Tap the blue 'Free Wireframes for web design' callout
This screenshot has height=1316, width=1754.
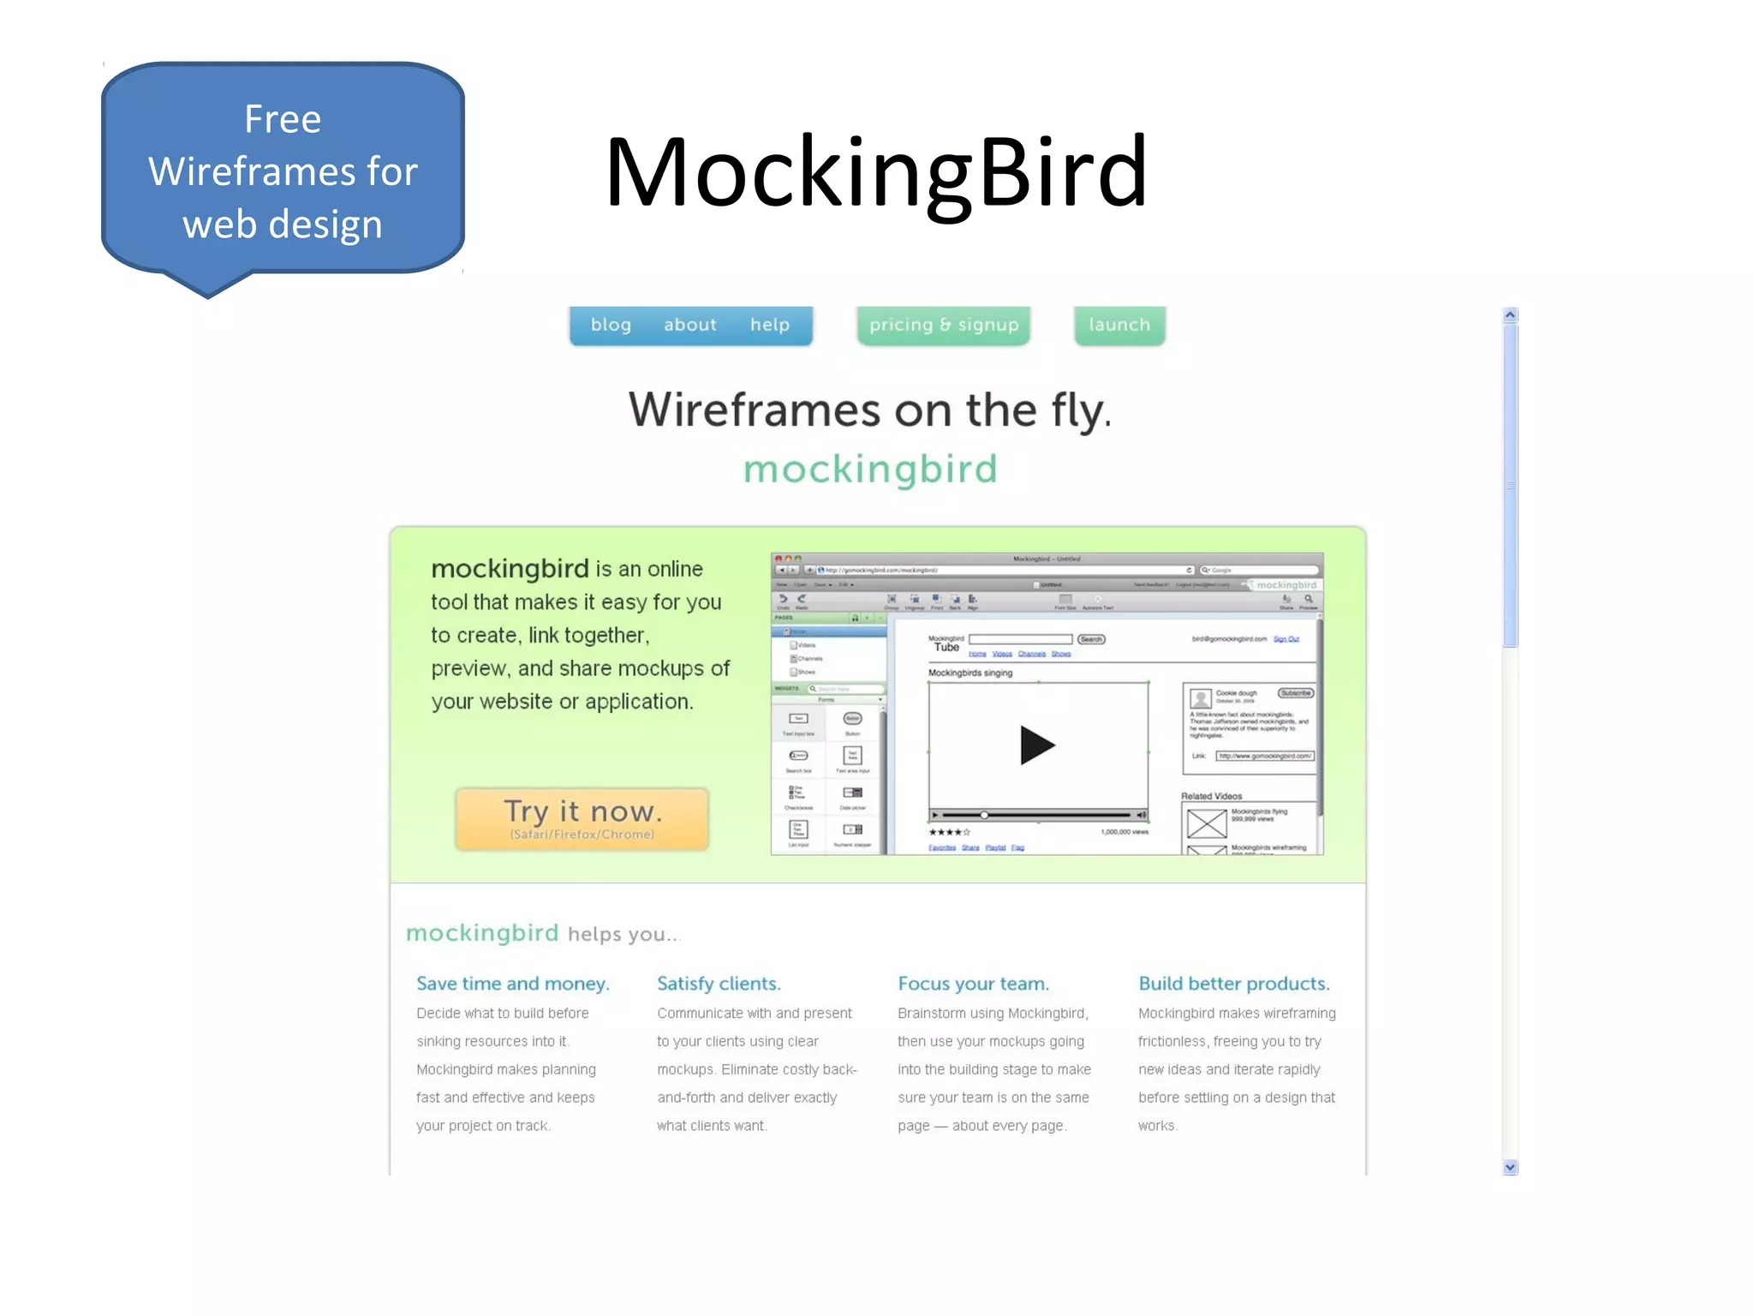(283, 171)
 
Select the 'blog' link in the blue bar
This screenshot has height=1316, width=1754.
(611, 325)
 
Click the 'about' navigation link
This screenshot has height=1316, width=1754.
(689, 325)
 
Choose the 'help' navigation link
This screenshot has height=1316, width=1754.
(769, 325)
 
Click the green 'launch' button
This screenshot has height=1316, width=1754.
(1119, 325)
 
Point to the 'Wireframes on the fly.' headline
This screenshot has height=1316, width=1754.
(869, 410)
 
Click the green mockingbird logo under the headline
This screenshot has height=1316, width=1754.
(870, 470)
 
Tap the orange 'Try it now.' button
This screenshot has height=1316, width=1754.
(582, 818)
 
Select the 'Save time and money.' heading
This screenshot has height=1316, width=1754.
(512, 984)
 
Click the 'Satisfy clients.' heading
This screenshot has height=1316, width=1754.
(719, 984)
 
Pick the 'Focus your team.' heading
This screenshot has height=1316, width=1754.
(973, 984)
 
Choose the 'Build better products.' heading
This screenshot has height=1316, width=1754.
(1233, 984)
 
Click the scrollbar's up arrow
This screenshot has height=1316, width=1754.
(1510, 315)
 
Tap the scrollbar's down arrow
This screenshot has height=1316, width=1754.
(1510, 1167)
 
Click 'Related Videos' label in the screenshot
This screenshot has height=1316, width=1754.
(1211, 796)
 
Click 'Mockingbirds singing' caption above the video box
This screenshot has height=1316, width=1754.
(969, 673)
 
